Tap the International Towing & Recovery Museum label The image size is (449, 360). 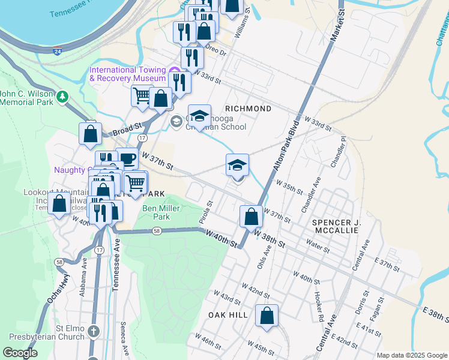127,74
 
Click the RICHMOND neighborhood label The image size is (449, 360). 248,109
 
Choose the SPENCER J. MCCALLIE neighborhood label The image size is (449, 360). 336,227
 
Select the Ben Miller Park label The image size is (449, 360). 157,212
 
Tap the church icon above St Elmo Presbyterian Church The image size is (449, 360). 94,331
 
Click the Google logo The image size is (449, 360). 20,353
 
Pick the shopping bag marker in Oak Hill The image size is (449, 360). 267,315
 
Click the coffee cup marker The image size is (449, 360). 127,158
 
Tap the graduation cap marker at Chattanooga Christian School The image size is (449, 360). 199,115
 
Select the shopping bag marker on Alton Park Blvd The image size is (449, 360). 251,215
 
